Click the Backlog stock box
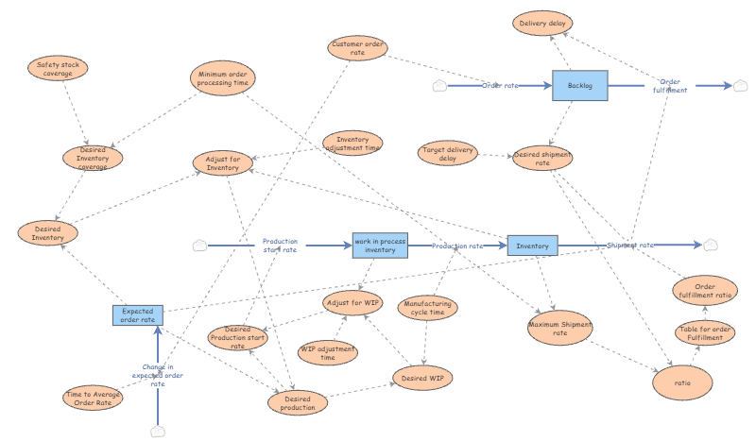point(579,85)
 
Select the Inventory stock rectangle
point(532,246)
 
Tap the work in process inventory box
point(380,246)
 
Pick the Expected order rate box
point(138,315)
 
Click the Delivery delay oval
point(542,23)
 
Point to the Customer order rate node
point(357,48)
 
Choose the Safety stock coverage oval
point(58,68)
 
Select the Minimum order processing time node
point(223,78)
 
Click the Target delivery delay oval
point(447,153)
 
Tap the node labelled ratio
point(682,382)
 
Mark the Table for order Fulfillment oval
point(705,333)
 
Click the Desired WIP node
point(422,378)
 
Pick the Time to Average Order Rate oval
point(93,399)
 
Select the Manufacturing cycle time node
point(428,308)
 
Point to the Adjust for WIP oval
point(352,303)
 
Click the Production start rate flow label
point(280,246)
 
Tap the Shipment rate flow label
point(630,246)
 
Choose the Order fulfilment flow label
point(670,86)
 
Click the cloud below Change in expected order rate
point(158,432)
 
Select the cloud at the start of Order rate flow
point(439,86)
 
